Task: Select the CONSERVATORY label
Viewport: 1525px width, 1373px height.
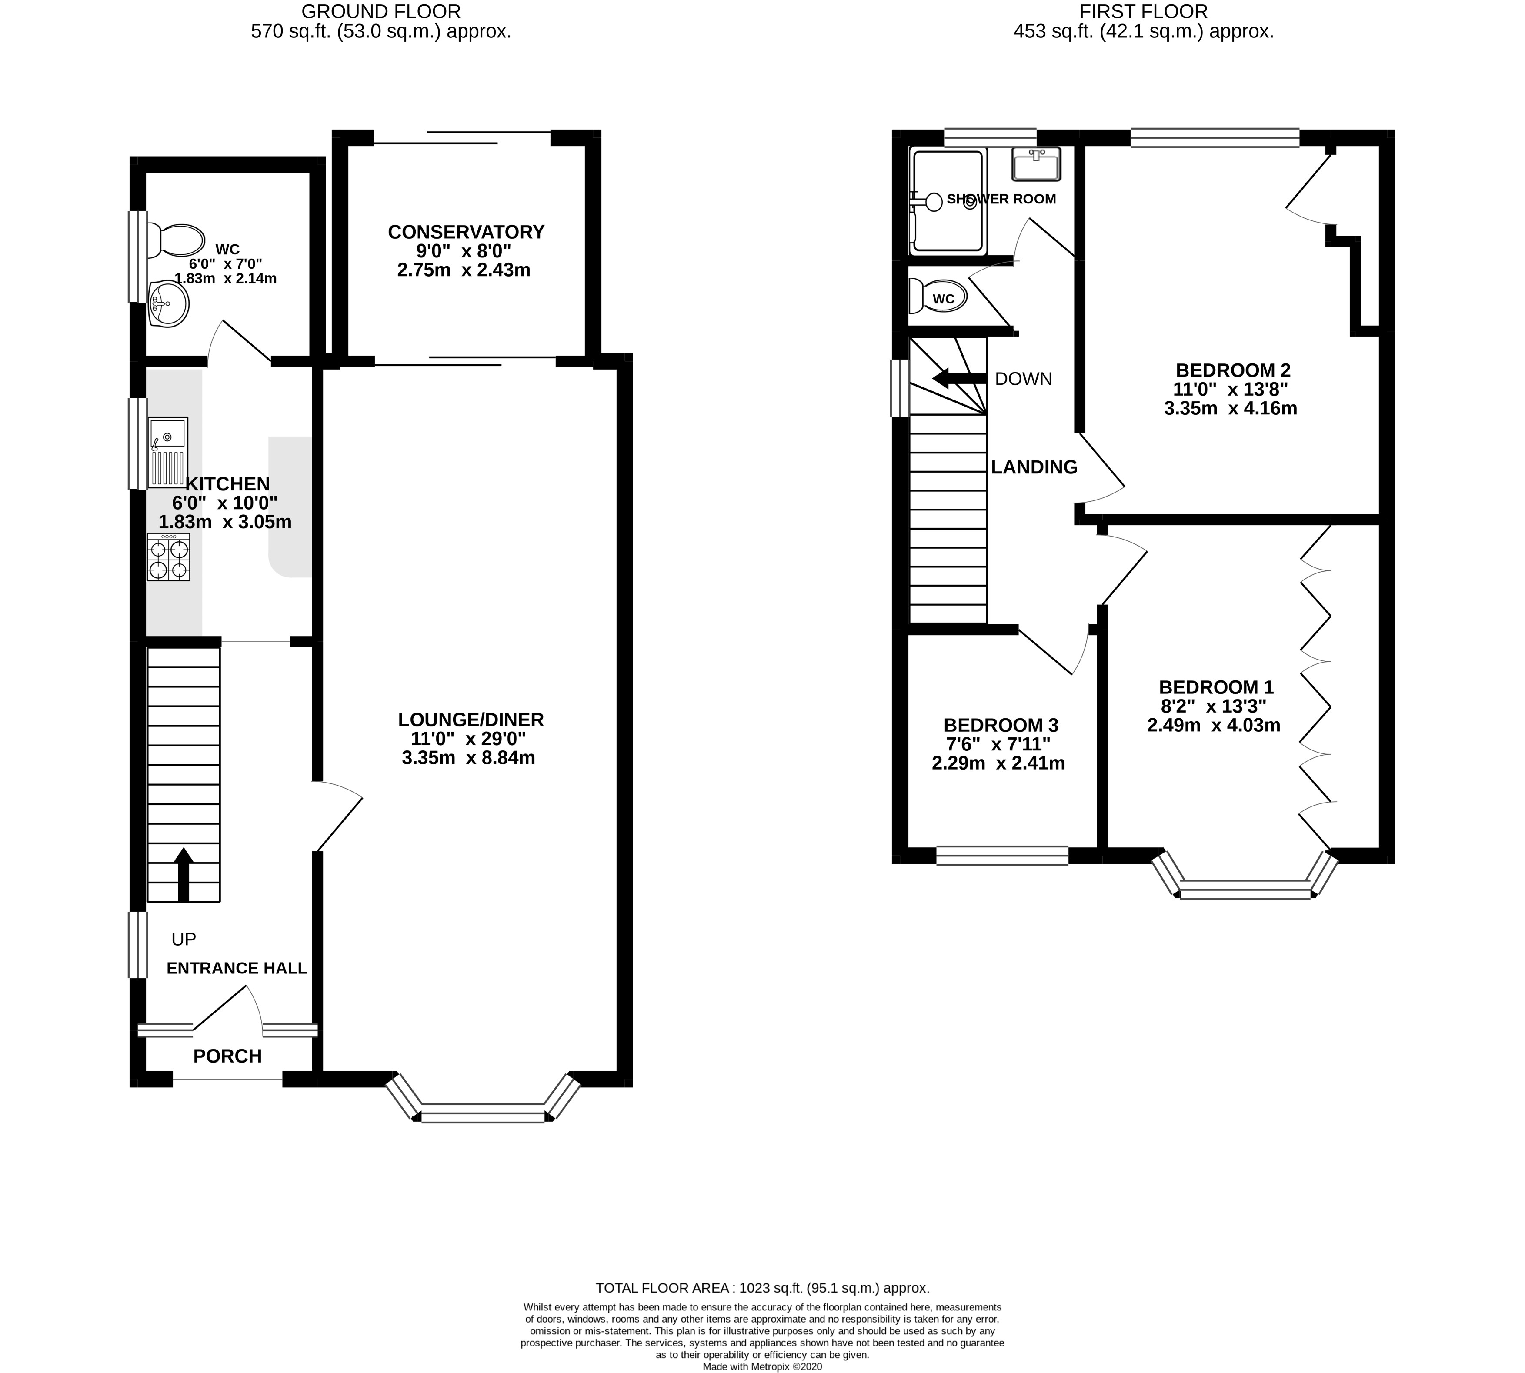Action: (466, 232)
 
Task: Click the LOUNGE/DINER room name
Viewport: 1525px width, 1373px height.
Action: (471, 720)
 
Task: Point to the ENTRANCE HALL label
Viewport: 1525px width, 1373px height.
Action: (237, 968)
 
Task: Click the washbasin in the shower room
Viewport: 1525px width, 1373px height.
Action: (1037, 164)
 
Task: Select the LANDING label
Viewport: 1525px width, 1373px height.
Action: (1034, 467)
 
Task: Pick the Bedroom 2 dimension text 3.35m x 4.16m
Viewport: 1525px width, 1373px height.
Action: (1231, 409)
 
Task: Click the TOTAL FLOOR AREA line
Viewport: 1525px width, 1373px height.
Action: (762, 1289)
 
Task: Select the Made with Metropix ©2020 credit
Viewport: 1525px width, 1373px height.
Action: (762, 1366)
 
